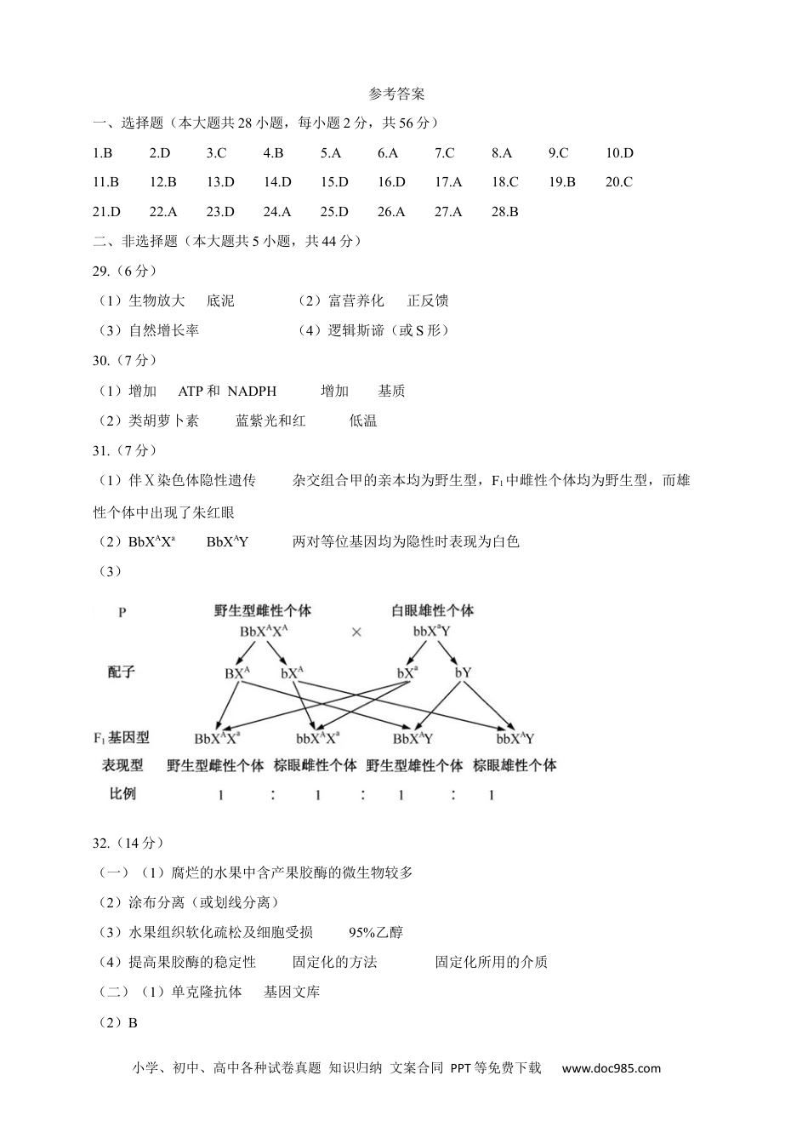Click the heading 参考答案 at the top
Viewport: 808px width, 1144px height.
tap(398, 94)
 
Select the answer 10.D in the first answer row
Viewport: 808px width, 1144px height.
tap(619, 153)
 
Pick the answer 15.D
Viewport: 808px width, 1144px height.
tap(334, 182)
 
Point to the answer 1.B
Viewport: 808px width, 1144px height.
tap(102, 153)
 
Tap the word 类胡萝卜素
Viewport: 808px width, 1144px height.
tap(163, 420)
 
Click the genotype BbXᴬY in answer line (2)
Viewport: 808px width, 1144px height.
tap(227, 541)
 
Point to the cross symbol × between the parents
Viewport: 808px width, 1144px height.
tap(356, 632)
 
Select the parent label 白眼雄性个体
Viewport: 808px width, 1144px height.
tap(432, 610)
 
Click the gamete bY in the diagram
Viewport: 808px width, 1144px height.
tap(463, 672)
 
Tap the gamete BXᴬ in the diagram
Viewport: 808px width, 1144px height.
tap(237, 672)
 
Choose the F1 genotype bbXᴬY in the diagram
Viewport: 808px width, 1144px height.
tap(515, 738)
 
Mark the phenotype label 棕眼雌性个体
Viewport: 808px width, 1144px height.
tap(315, 765)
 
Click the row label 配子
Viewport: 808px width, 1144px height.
tap(122, 672)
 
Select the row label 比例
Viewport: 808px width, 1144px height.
tap(122, 794)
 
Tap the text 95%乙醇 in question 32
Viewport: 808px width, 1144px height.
tap(376, 932)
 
